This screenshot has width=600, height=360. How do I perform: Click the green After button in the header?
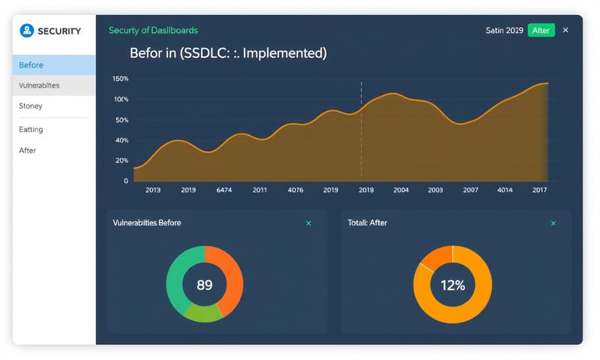pyautogui.click(x=541, y=30)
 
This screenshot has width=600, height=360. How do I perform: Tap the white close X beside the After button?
pyautogui.click(x=565, y=30)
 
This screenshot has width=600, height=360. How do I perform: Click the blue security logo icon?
pyautogui.click(x=27, y=31)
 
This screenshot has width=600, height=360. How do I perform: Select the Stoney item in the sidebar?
pyautogui.click(x=31, y=106)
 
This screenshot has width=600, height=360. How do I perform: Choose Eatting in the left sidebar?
pyautogui.click(x=31, y=130)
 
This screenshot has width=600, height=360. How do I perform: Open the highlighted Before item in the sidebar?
pyautogui.click(x=31, y=65)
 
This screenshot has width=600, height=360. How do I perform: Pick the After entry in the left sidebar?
pyautogui.click(x=27, y=151)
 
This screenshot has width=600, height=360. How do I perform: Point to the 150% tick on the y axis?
pyautogui.click(x=120, y=79)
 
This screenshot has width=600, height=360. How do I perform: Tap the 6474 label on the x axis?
pyautogui.click(x=224, y=190)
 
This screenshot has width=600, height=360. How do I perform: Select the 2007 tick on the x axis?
pyautogui.click(x=470, y=190)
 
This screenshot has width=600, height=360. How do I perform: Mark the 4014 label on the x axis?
pyautogui.click(x=505, y=190)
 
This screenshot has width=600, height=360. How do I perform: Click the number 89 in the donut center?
pyautogui.click(x=205, y=285)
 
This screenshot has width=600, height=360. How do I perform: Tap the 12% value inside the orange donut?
pyautogui.click(x=452, y=285)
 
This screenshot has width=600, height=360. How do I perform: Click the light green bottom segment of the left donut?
pyautogui.click(x=202, y=313)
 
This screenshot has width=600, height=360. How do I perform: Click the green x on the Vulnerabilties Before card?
pyautogui.click(x=308, y=223)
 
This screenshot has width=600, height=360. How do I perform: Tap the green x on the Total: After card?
pyautogui.click(x=553, y=223)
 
